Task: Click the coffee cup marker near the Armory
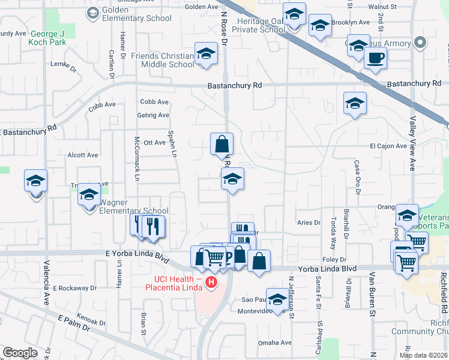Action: (x=375, y=58)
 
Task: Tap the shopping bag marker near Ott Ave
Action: (x=221, y=144)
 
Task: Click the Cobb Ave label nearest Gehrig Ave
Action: (x=154, y=102)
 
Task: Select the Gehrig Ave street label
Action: (x=155, y=115)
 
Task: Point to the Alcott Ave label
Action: (x=83, y=155)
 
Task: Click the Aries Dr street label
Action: (x=309, y=222)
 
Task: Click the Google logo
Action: (x=19, y=353)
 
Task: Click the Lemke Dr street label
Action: (x=64, y=64)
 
